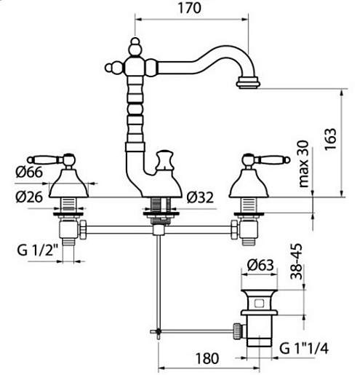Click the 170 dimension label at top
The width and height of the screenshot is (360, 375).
189,8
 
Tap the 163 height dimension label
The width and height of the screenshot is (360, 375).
330,139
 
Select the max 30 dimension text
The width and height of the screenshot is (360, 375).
303,164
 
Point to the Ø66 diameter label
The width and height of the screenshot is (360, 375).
29,172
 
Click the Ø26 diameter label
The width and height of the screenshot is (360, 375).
29,197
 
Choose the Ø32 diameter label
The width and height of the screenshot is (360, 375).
200,197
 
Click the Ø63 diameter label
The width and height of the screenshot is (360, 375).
260,265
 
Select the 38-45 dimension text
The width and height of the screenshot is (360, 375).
296,261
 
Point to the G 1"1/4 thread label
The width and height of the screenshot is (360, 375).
304,349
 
